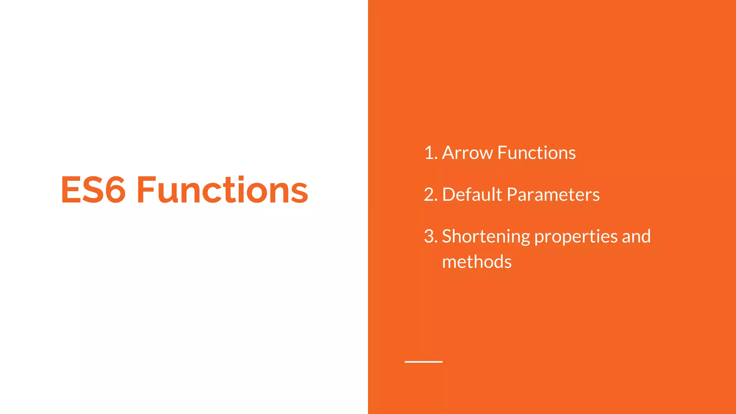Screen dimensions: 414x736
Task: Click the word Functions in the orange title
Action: pyautogui.click(x=222, y=190)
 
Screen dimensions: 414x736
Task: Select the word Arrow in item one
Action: pyautogui.click(x=467, y=153)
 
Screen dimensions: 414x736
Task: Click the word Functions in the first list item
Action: pyautogui.click(x=537, y=153)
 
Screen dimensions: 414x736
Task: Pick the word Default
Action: pyautogui.click(x=472, y=194)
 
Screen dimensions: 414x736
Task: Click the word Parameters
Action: pyautogui.click(x=553, y=194)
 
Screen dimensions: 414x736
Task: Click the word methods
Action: pyautogui.click(x=477, y=262)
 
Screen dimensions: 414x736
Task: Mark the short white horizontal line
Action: pyautogui.click(x=423, y=362)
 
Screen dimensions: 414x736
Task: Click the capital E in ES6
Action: pyautogui.click(x=71, y=190)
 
